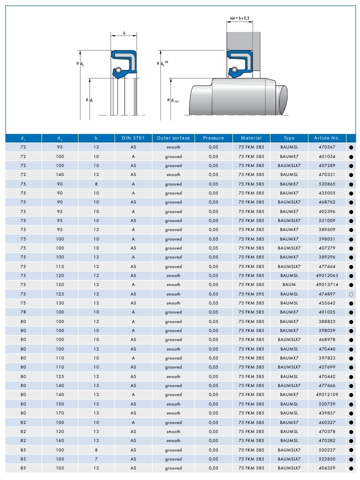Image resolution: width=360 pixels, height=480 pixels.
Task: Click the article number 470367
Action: click(327, 147)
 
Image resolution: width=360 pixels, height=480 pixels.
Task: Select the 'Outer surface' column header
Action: click(173, 138)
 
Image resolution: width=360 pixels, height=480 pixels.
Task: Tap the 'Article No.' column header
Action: click(327, 138)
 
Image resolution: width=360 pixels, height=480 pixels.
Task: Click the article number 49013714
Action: click(327, 284)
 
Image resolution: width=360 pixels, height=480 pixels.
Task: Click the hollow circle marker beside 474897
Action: click(351, 294)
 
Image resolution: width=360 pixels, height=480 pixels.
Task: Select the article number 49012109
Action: click(327, 394)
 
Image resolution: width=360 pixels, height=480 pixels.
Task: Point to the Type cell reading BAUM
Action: click(289, 284)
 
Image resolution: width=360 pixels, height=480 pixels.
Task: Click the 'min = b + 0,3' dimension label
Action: click(239, 18)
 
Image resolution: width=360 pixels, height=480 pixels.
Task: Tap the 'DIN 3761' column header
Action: click(133, 138)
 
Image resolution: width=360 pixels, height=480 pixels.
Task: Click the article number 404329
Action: click(327, 468)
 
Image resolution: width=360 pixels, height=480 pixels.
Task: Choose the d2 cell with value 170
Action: click(59, 413)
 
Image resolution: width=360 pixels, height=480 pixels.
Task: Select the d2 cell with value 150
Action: click(59, 404)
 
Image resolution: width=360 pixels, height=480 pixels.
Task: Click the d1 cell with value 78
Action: click(23, 312)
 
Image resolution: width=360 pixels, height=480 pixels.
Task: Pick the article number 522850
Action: click(327, 459)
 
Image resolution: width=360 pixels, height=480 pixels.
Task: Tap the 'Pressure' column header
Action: click(213, 138)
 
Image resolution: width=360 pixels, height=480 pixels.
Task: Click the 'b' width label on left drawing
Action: click(123, 34)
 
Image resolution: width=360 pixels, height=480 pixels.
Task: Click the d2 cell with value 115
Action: click(59, 266)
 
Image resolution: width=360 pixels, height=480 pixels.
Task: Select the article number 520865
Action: click(327, 184)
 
